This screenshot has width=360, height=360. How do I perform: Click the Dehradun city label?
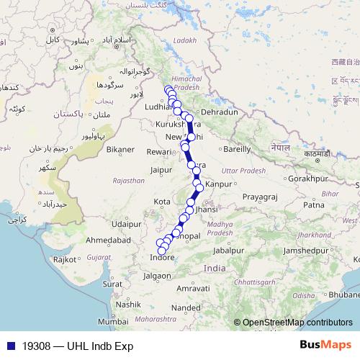pyautogui.click(x=219, y=113)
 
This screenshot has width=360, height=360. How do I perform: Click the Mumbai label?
pyautogui.click(x=113, y=321)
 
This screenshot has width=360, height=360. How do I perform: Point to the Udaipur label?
pyautogui.click(x=135, y=224)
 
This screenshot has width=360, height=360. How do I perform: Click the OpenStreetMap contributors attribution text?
pyautogui.click(x=297, y=323)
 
